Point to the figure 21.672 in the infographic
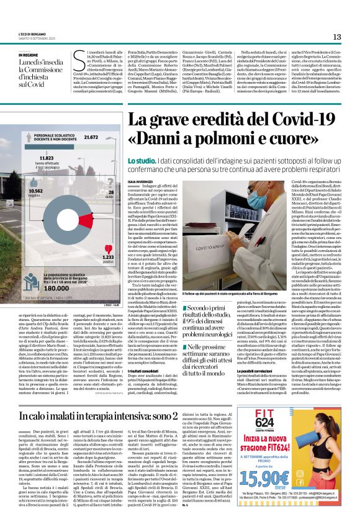[91, 137]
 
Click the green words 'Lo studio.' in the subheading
[140, 161]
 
